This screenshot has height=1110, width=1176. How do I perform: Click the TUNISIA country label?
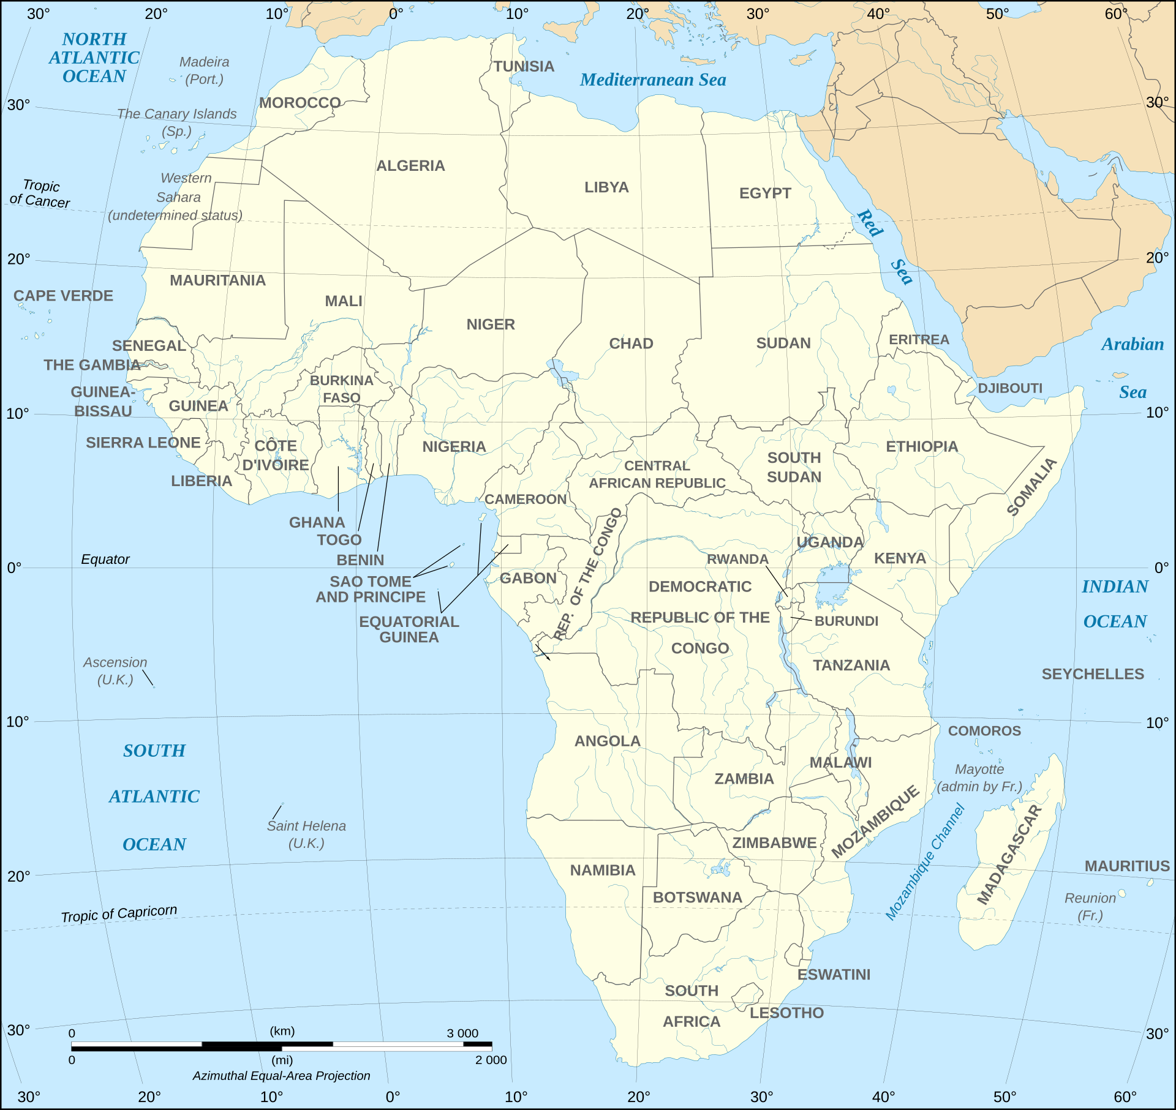point(524,66)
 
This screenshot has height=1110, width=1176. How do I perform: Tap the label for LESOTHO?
point(786,1013)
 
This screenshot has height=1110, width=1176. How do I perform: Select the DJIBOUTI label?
point(1009,388)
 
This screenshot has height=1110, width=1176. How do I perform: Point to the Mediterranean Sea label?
point(653,80)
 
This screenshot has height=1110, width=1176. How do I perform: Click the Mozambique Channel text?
point(925,863)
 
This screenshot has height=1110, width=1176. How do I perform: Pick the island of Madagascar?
point(1011,857)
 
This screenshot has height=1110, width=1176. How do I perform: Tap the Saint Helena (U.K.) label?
point(306,834)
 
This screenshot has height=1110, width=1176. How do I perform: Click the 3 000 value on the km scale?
point(462,1033)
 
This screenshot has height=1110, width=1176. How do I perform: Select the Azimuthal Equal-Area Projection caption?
point(281,1076)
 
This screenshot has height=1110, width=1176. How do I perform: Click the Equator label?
point(105,559)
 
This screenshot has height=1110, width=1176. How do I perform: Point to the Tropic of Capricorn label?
point(119,913)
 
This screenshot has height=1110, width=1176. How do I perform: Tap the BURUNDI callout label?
point(846,621)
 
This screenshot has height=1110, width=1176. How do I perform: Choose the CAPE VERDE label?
point(63,296)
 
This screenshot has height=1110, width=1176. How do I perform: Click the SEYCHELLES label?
point(1093,674)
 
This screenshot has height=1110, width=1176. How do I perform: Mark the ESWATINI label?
point(834,975)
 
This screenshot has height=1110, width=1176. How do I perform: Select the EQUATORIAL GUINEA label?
point(409,629)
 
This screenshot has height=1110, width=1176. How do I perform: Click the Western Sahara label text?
point(178,196)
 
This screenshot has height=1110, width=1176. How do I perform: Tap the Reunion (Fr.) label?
point(1090,906)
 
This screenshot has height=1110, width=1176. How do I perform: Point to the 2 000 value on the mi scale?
point(491,1060)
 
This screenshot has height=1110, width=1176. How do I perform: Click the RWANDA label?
point(737,559)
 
